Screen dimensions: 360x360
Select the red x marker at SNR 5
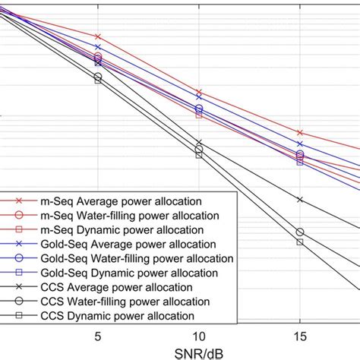coord(98,36)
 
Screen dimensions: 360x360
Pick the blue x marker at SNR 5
coord(98,47)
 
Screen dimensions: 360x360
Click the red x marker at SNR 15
coord(300,132)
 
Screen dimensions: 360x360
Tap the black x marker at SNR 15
coord(300,199)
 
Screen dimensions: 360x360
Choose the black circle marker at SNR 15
coord(300,232)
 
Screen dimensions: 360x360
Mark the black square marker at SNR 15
coord(300,242)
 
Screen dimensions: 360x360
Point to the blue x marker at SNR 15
coord(300,144)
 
